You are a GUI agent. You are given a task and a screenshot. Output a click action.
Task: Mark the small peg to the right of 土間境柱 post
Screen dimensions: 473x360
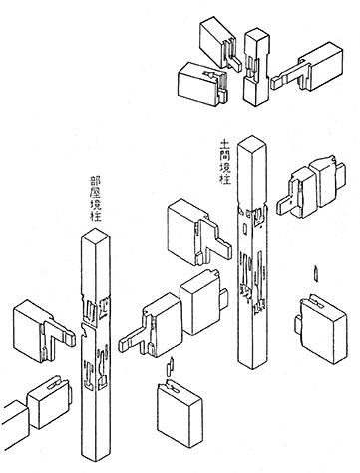tap(315, 272)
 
